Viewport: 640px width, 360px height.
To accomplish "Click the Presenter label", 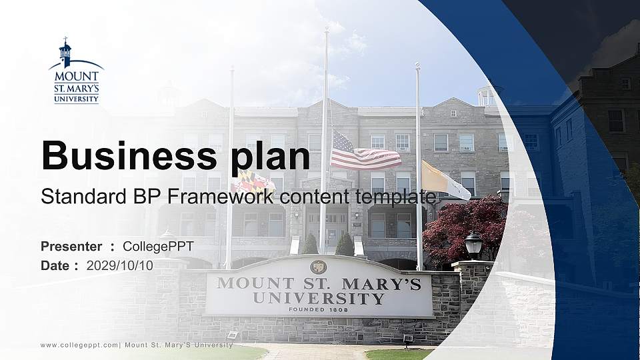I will (x=71, y=247).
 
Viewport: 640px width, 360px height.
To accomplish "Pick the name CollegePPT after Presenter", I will (x=158, y=247).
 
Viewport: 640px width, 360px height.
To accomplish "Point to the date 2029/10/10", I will (x=119, y=265).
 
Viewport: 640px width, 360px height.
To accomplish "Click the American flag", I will (x=363, y=153).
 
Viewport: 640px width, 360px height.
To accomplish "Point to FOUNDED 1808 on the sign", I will (x=319, y=310).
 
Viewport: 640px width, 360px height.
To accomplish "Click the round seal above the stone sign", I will (x=319, y=267).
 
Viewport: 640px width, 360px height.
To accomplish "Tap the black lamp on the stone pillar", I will (x=473, y=244).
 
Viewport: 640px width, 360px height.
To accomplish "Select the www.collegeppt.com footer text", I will (x=79, y=345).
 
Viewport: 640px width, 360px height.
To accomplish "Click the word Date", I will (x=55, y=265).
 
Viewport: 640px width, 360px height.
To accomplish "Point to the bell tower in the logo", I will (x=65, y=52).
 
